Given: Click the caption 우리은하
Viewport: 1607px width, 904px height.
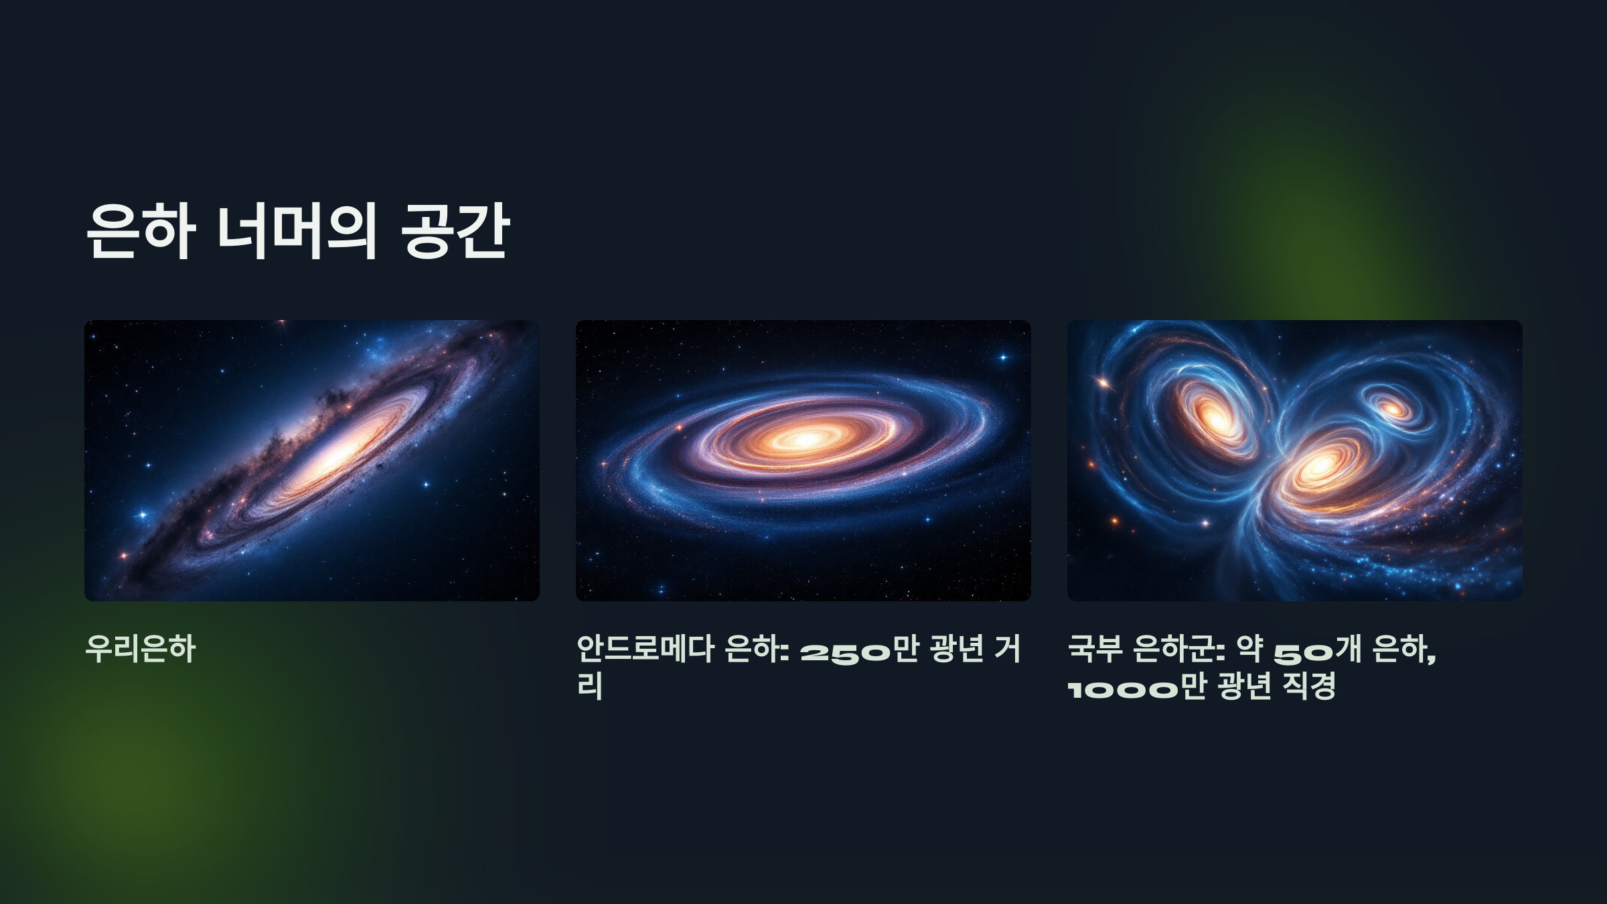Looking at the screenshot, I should (141, 649).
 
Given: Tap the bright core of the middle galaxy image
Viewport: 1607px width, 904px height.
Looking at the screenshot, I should (806, 439).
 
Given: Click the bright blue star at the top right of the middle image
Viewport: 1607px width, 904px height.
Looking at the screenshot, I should (1003, 358).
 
